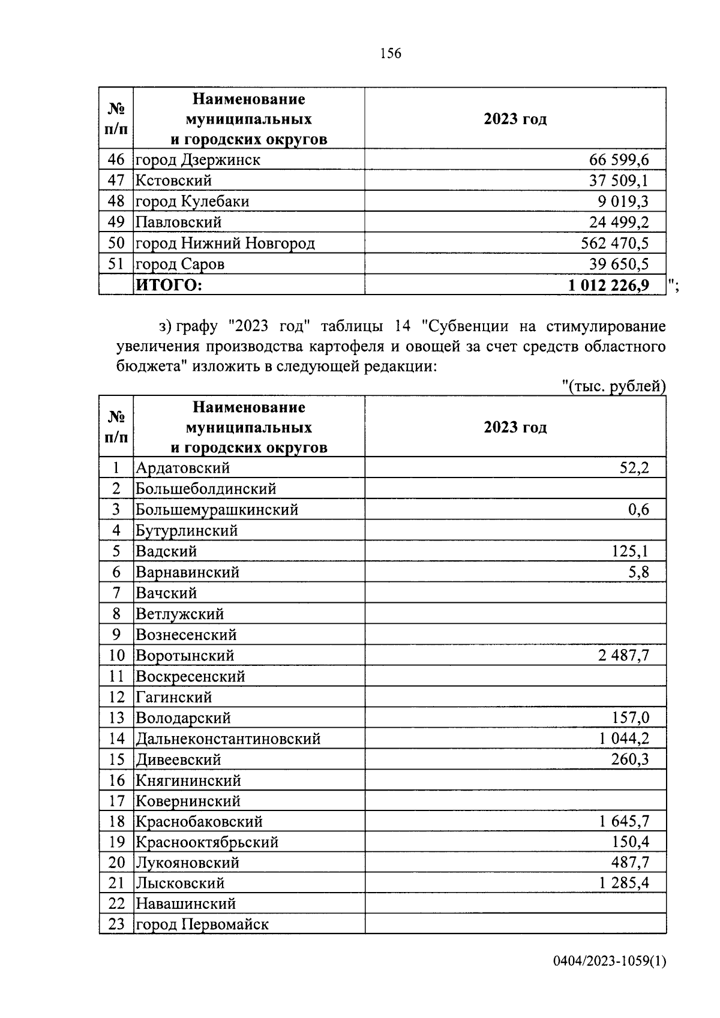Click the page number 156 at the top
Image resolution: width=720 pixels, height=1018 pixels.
point(390,53)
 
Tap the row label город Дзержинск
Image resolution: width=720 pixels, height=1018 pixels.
point(198,160)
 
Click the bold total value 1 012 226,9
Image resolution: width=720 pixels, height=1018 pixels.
point(608,286)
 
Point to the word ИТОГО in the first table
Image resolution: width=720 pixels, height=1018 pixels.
point(169,286)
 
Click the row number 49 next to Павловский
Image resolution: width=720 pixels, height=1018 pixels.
point(116,223)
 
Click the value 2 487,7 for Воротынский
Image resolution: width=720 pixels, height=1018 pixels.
point(623,656)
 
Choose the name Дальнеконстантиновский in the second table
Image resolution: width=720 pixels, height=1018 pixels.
point(228,739)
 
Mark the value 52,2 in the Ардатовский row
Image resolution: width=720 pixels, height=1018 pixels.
point(634,468)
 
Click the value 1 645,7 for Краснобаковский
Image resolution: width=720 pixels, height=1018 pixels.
point(623,822)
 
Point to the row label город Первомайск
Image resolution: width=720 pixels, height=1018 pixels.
point(202,924)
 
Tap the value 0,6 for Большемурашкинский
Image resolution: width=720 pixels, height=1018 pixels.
point(638,510)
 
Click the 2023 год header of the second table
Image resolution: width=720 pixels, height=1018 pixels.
point(515,427)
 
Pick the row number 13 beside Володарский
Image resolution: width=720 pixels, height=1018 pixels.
point(116,718)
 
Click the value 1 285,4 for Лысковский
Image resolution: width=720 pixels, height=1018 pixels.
point(623,883)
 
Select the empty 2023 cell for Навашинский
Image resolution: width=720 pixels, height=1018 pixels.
point(515,903)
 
